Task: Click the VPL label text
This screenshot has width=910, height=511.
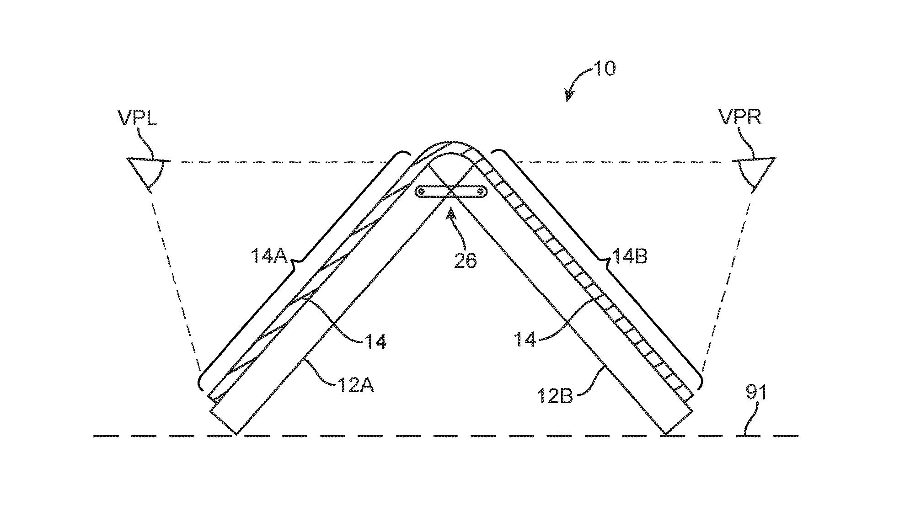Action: click(138, 117)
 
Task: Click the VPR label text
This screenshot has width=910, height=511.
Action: click(740, 117)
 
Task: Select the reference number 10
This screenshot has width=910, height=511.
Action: click(604, 69)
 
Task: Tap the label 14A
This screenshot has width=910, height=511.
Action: click(269, 256)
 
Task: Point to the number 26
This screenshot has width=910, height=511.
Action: click(465, 260)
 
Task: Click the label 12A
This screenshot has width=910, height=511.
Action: click(356, 385)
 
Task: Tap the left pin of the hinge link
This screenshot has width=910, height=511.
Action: click(422, 191)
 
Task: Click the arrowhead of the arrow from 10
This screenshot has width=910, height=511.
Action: click(569, 96)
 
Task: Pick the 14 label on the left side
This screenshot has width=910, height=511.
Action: click(375, 341)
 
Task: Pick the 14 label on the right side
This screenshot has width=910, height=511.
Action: click(525, 339)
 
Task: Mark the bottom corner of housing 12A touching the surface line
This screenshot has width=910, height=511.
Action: click(236, 434)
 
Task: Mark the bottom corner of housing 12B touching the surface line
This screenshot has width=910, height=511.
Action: click(665, 434)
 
